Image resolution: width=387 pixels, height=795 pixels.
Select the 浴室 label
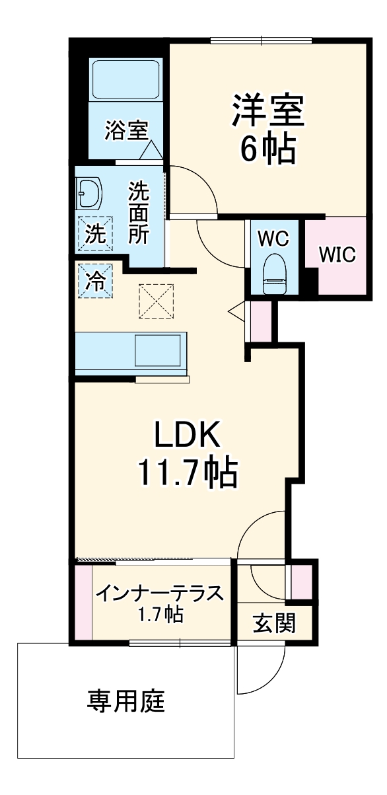tap(125, 130)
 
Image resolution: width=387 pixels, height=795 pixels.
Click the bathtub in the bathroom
tap(125, 80)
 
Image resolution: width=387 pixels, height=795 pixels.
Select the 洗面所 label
tap(139, 213)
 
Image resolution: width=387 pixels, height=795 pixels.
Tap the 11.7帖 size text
tap(187, 472)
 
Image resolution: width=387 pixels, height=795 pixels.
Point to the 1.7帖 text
tap(160, 616)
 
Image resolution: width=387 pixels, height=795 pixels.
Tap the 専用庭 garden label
tap(125, 701)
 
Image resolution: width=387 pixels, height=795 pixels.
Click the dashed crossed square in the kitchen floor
tap(156, 301)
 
